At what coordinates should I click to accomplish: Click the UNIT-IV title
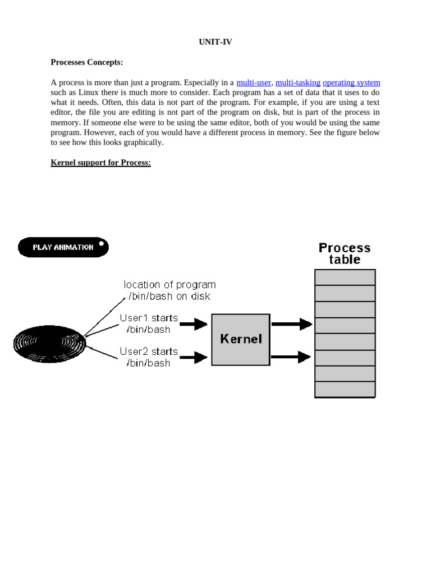click(215, 42)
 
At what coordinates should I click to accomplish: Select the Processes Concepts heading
click(86, 62)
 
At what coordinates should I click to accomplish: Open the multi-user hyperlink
click(254, 82)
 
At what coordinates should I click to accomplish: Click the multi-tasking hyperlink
click(297, 82)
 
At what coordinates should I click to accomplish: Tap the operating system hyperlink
click(351, 82)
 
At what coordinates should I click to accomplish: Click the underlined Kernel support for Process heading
click(100, 163)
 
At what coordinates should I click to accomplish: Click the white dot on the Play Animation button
click(102, 244)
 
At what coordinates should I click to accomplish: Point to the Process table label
click(345, 253)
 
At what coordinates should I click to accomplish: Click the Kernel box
click(241, 340)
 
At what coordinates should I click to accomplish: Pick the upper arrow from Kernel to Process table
click(292, 323)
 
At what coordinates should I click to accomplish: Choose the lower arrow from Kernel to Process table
click(292, 357)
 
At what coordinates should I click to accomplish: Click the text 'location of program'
click(169, 285)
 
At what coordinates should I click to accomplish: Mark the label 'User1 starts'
click(149, 318)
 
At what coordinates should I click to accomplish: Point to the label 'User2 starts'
click(149, 351)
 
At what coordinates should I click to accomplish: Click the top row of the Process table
click(345, 277)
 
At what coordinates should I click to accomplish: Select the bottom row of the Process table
click(345, 390)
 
